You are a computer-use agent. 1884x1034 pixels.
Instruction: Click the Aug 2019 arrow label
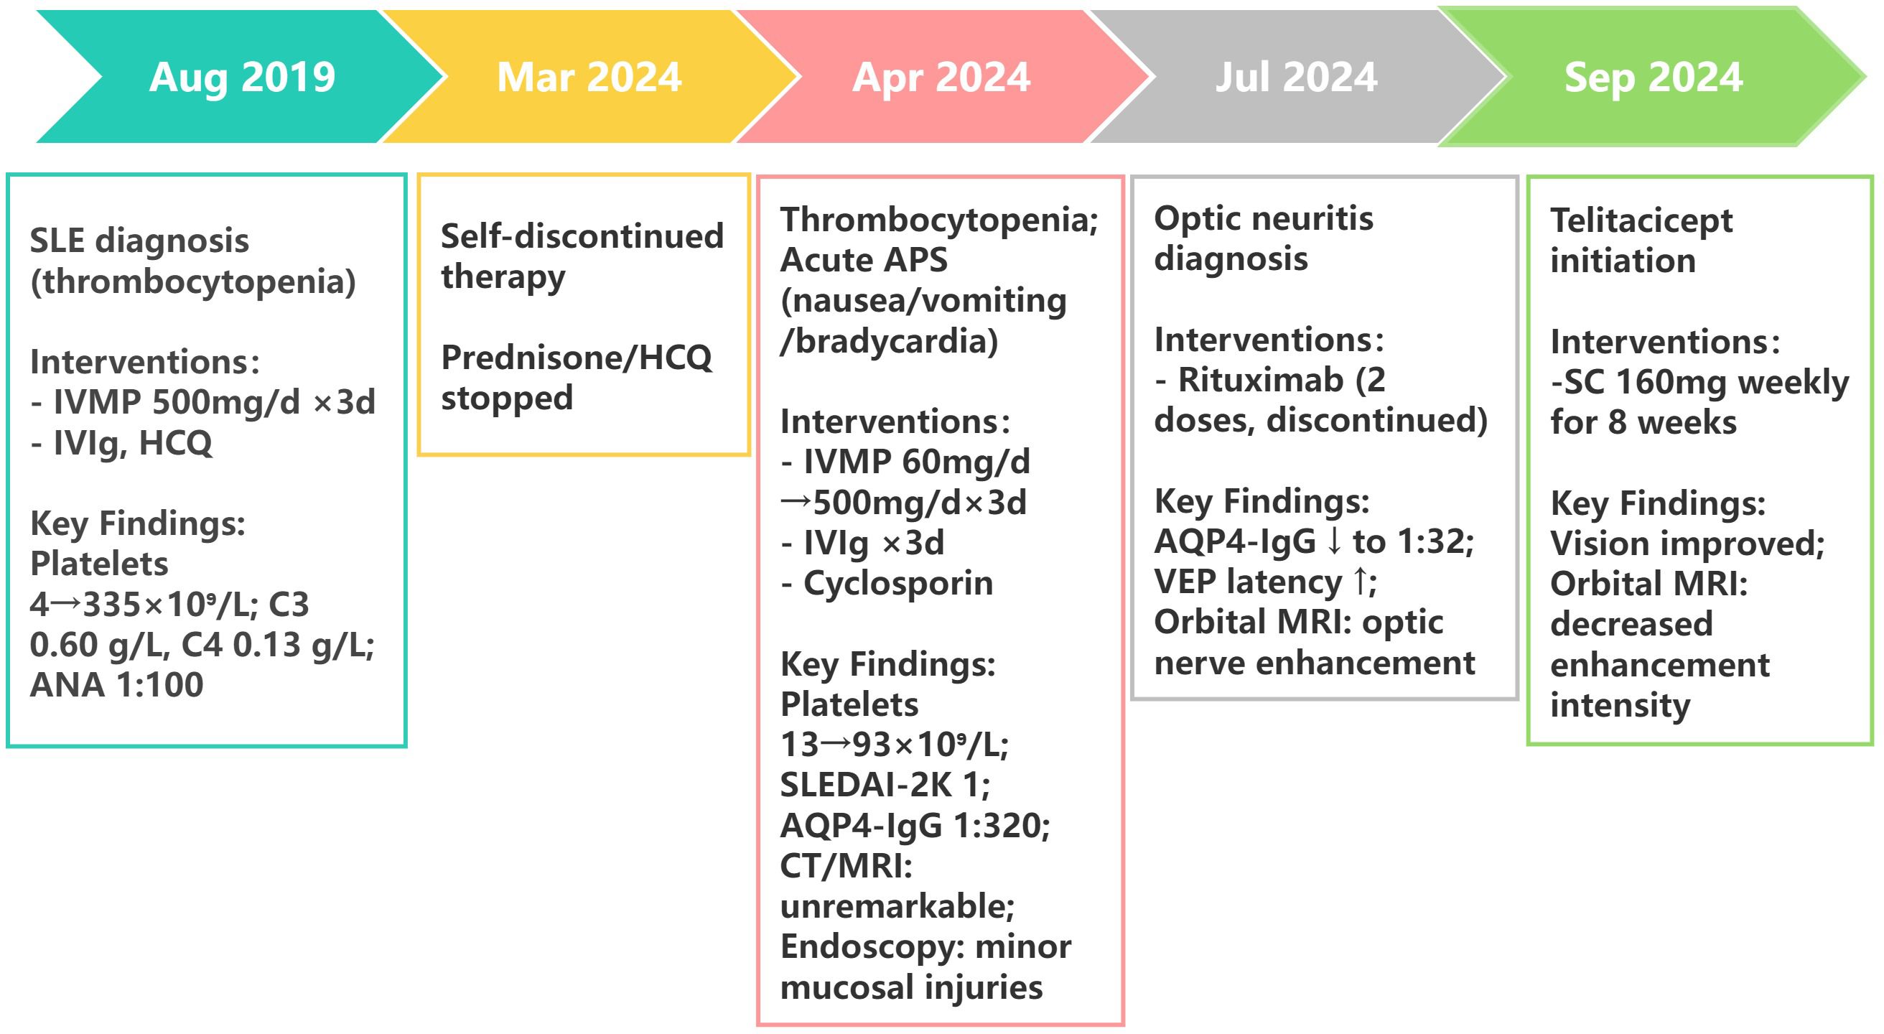(242, 78)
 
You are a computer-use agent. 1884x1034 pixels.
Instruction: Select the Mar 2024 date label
(589, 77)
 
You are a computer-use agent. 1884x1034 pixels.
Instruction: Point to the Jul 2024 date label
(1296, 77)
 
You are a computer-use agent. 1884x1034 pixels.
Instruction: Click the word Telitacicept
(1641, 221)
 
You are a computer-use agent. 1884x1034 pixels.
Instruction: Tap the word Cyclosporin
(898, 584)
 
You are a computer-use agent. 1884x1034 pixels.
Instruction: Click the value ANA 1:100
(116, 684)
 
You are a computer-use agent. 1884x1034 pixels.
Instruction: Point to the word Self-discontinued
(582, 236)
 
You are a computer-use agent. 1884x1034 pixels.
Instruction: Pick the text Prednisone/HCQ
(577, 358)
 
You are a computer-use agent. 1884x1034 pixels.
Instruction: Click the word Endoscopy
(864, 948)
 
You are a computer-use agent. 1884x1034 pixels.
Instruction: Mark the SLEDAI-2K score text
(885, 786)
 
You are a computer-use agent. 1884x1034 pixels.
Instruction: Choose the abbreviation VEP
(1185, 582)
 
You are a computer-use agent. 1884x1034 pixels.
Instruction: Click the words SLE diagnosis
(139, 241)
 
